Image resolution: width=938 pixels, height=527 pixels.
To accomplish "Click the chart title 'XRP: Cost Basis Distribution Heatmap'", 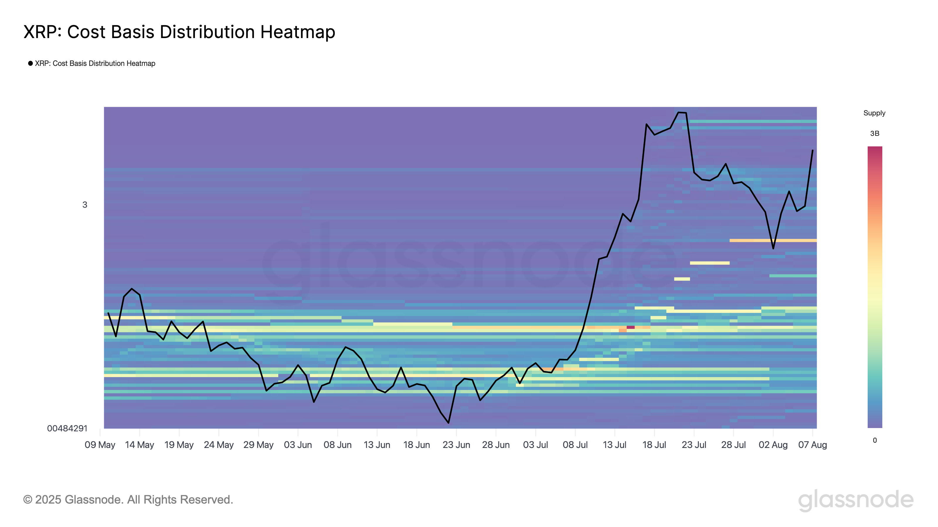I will (x=179, y=32).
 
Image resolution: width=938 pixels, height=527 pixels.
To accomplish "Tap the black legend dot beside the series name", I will (x=30, y=63).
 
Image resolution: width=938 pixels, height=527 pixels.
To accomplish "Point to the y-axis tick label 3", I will (x=85, y=205).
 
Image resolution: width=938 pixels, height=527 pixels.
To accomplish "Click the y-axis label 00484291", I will (x=67, y=428).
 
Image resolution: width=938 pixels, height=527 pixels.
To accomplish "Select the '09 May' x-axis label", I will (x=100, y=445).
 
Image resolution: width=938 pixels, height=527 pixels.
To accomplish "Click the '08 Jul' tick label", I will (x=575, y=445).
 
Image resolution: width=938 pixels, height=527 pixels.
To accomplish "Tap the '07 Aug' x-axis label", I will (x=812, y=445).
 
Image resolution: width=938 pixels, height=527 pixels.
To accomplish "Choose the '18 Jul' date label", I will (x=654, y=445).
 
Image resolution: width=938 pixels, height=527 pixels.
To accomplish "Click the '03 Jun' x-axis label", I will (x=298, y=445).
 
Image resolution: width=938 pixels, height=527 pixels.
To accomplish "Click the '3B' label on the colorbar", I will (x=875, y=134).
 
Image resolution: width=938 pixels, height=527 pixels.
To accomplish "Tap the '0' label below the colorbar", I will (x=875, y=440).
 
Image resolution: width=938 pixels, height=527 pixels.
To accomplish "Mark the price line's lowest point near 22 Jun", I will (x=448, y=422).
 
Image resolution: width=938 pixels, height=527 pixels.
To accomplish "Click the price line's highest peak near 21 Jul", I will (x=679, y=112).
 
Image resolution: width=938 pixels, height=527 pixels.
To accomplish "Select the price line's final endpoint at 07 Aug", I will (x=812, y=150).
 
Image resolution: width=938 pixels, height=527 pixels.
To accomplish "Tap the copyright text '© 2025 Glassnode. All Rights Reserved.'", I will (x=128, y=500).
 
